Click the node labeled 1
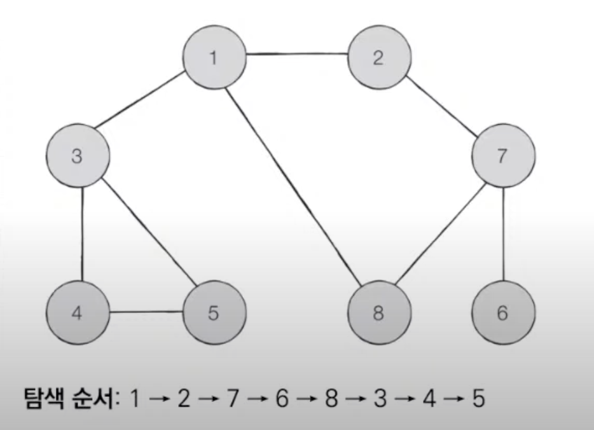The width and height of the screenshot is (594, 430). (214, 58)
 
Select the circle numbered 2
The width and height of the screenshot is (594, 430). (378, 58)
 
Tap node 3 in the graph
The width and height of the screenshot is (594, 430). (78, 156)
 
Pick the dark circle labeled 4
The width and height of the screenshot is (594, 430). (78, 313)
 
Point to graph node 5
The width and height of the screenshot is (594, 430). (214, 313)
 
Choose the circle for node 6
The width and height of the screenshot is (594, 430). (503, 313)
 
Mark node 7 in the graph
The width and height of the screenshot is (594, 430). (503, 156)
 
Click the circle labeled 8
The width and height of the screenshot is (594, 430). (379, 313)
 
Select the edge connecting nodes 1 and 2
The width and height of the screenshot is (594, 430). (296, 54)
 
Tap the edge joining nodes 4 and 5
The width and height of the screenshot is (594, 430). (146, 312)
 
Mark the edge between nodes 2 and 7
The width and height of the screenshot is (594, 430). (441, 107)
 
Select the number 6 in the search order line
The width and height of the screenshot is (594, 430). (282, 399)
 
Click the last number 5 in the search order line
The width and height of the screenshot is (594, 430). (478, 399)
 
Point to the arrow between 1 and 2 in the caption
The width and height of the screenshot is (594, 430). (159, 400)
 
